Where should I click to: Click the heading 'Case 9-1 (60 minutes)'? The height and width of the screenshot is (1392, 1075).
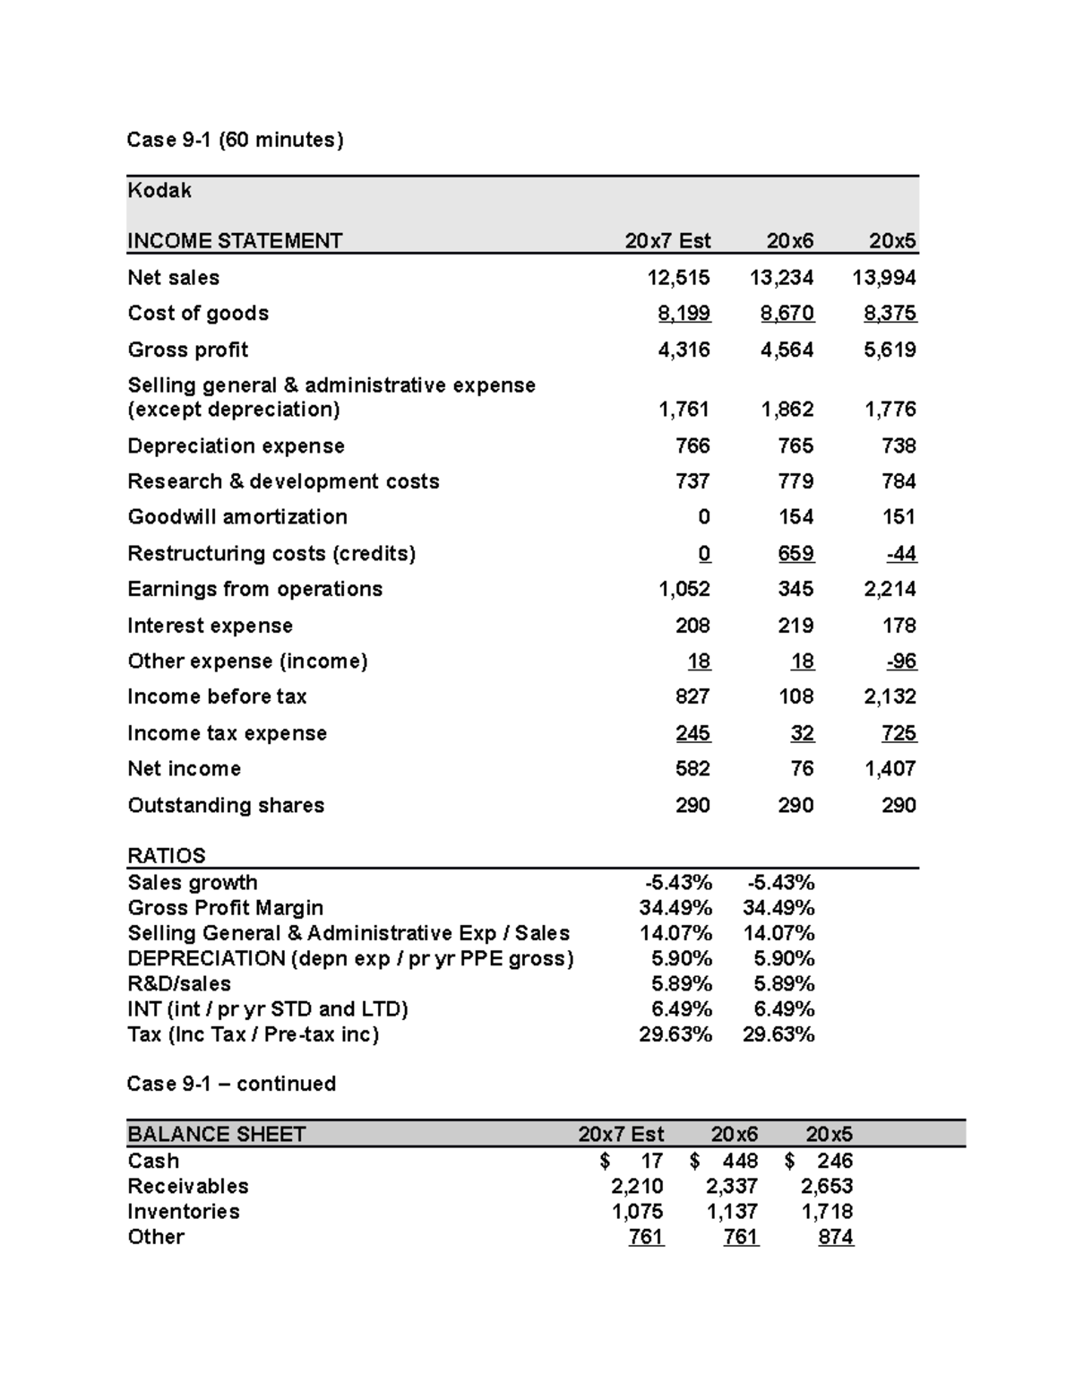click(x=235, y=140)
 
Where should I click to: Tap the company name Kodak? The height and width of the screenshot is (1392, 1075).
click(x=159, y=190)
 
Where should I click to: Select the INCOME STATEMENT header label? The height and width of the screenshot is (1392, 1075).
click(x=235, y=241)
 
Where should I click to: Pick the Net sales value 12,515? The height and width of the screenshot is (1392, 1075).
click(x=678, y=278)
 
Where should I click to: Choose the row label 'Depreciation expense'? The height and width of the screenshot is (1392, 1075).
click(x=236, y=446)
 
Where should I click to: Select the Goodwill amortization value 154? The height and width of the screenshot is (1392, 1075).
click(x=795, y=517)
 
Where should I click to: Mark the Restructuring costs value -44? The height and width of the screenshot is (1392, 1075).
click(x=901, y=554)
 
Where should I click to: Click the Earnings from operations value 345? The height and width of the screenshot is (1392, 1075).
click(x=795, y=589)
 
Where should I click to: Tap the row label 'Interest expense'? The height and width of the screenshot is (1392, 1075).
click(x=210, y=626)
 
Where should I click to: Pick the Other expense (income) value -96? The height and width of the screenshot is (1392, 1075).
click(x=901, y=661)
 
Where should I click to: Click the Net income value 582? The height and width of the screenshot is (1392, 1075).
click(x=692, y=769)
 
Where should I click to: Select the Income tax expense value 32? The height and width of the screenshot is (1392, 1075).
click(x=802, y=733)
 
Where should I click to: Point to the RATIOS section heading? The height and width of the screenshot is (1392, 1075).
click(x=167, y=855)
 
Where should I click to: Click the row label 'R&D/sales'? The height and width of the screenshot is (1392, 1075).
click(x=179, y=983)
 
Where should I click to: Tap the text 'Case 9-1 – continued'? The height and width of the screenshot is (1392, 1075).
click(x=231, y=1084)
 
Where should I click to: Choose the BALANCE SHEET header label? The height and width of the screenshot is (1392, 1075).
click(x=217, y=1134)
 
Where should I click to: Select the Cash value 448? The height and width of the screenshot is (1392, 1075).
click(x=740, y=1161)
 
